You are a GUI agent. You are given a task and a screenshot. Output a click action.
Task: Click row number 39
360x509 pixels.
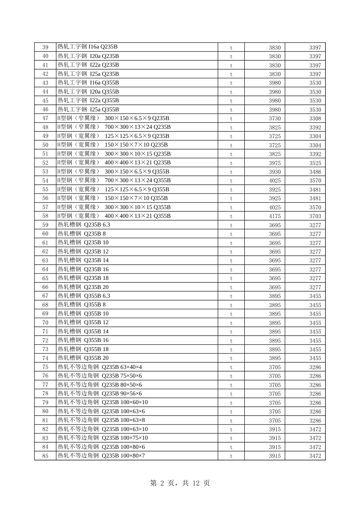45,47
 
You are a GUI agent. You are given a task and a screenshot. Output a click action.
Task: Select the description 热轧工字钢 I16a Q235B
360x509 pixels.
88,47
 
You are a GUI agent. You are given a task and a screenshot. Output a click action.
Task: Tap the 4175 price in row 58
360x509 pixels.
275,216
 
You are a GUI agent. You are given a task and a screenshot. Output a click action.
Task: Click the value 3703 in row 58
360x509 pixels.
315,216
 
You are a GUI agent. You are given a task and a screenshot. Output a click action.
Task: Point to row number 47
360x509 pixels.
45,119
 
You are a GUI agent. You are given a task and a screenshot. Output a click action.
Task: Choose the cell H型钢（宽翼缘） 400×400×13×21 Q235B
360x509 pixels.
114,163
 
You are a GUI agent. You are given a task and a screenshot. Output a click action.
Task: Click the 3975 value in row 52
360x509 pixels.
275,163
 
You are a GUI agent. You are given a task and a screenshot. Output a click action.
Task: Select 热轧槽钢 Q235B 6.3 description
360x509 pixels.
84,225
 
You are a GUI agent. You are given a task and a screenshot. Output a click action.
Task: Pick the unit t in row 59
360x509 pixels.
231,225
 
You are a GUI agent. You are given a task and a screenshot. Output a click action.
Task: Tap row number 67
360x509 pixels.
45,296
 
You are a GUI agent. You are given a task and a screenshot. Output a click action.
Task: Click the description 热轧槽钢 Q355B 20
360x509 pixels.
83,358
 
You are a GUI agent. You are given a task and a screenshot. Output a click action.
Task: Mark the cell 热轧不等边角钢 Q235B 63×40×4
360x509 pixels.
100,367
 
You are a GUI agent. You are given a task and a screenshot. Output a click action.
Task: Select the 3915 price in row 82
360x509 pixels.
275,429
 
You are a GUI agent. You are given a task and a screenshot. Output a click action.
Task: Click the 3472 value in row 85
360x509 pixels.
315,456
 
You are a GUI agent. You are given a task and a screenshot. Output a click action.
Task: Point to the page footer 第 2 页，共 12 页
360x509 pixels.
180,483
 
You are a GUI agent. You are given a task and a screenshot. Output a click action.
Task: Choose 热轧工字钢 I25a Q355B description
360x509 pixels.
88,110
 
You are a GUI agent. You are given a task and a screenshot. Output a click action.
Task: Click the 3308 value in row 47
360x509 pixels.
315,119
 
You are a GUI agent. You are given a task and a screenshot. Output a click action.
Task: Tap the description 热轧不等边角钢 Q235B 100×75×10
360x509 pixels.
103,438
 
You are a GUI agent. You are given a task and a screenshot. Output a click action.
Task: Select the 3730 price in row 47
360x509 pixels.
275,119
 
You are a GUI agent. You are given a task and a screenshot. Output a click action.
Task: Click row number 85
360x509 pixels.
45,456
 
